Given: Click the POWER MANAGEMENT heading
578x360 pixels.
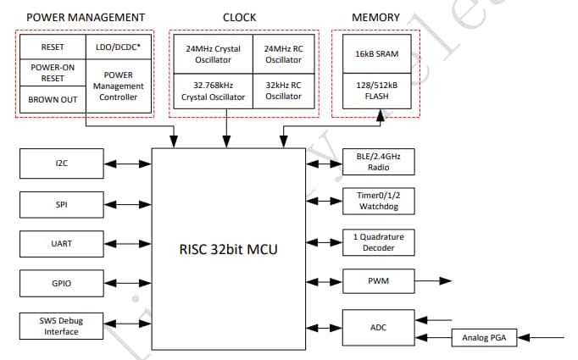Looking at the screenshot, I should (86, 17).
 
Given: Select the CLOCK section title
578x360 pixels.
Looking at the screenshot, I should (240, 17).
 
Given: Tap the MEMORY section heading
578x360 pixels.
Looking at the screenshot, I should (376, 17).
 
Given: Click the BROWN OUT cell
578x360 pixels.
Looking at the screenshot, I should (53, 98).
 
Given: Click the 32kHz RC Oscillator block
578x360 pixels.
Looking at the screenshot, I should (283, 91).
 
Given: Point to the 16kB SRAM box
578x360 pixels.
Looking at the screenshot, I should (377, 54).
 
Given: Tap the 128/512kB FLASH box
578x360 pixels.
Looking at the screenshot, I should (377, 91).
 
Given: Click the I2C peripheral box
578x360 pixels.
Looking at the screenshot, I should (62, 163).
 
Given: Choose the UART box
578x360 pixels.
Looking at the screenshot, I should (62, 243).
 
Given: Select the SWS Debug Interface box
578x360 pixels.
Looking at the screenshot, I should (62, 325).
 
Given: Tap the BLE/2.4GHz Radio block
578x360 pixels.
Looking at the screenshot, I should (377, 162).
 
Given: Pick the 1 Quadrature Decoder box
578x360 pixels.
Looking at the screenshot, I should (377, 242).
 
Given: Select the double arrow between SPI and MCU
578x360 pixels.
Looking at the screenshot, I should (128, 203).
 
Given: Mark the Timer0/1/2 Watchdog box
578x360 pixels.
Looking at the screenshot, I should (377, 202).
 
